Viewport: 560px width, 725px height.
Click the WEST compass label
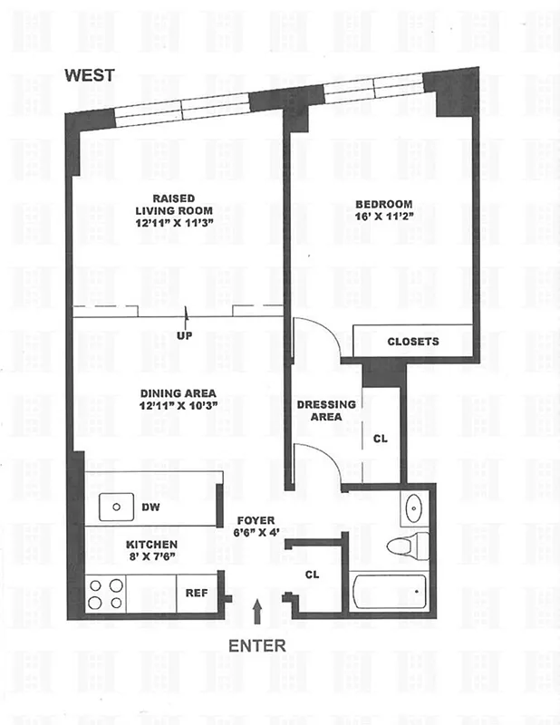pyautogui.click(x=89, y=76)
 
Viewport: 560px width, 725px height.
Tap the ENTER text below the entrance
pyautogui.click(x=257, y=646)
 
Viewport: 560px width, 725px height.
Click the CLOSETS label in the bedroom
pyautogui.click(x=412, y=342)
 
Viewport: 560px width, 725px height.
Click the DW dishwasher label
pyautogui.click(x=150, y=508)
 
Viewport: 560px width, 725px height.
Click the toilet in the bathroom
pyautogui.click(x=401, y=546)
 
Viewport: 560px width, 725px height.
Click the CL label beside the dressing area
pyautogui.click(x=381, y=440)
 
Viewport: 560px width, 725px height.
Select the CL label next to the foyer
pyautogui.click(x=313, y=575)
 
